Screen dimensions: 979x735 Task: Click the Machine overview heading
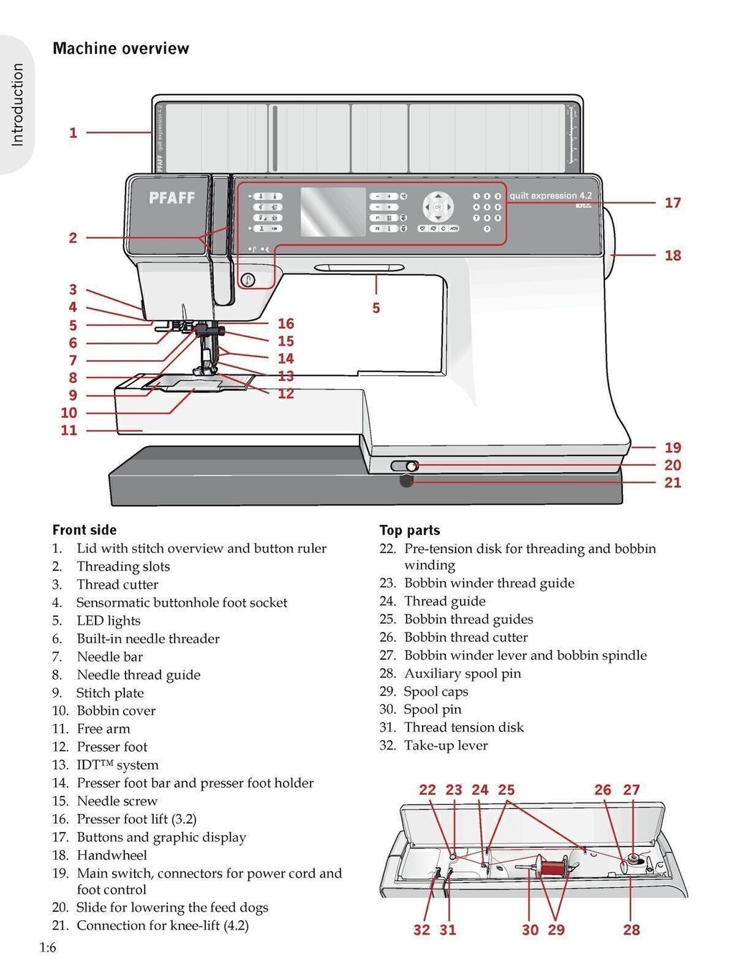coord(121,49)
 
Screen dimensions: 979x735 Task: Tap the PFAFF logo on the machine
coord(172,198)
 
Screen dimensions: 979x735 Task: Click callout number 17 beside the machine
coord(672,203)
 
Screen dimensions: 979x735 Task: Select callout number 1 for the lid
coord(72,133)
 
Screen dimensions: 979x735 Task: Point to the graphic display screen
coord(332,212)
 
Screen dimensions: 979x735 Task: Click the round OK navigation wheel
coord(438,207)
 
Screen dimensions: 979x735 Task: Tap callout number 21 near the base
coord(672,483)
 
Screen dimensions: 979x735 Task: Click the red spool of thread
coord(553,867)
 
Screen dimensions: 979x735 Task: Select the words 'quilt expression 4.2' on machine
coord(551,196)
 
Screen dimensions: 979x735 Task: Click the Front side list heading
coord(84,530)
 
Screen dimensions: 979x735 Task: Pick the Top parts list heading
coord(410,530)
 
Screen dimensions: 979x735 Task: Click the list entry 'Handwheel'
coord(111,855)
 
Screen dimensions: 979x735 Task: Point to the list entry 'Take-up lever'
coord(445,745)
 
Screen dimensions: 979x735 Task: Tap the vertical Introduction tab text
coord(17,105)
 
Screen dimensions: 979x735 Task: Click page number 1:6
coord(47,947)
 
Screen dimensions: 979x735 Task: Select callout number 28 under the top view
coord(631,930)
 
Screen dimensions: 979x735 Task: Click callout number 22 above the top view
coord(427,790)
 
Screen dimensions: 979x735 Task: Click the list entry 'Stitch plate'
coord(110,693)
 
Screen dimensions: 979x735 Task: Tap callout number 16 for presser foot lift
coord(286,323)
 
